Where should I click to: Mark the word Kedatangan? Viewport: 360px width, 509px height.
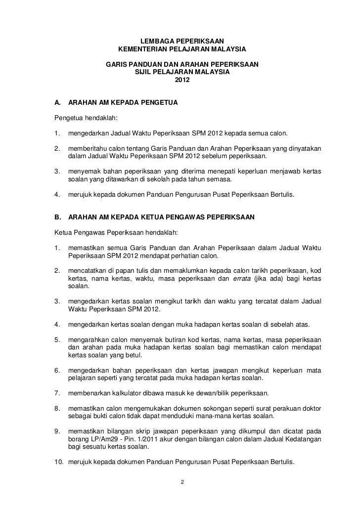301,439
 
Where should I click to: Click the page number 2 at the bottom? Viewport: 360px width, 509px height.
182,482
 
